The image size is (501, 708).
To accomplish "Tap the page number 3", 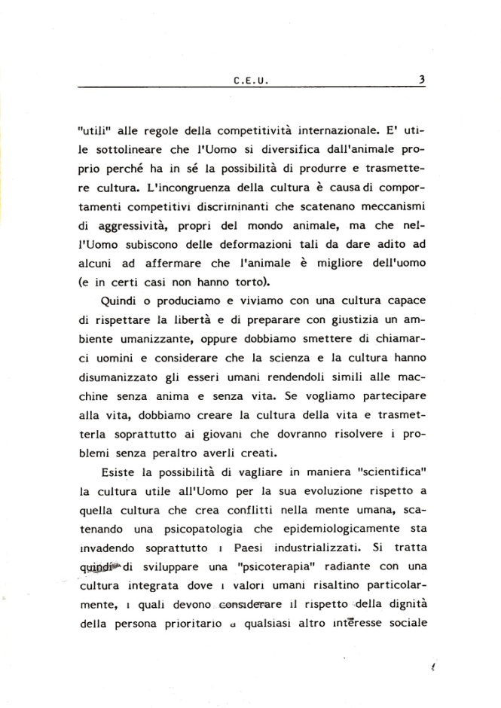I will coord(422,76).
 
